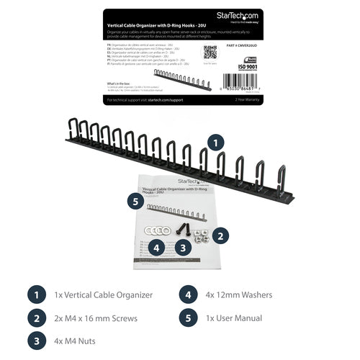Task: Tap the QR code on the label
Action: pos(210,52)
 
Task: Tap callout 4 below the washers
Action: pos(158,248)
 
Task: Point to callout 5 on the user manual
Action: pos(133,202)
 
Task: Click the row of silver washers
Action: pos(157,230)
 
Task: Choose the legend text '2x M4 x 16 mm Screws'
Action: pos(95,318)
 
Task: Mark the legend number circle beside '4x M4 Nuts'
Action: pos(34,341)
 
